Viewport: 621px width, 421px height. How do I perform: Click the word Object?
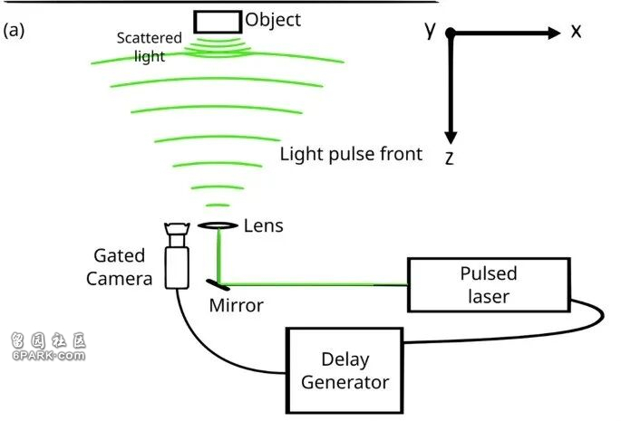tap(273, 19)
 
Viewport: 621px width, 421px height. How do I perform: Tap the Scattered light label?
tap(150, 47)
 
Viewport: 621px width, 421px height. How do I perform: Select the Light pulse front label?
tap(351, 154)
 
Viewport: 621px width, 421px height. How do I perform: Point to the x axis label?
tap(576, 32)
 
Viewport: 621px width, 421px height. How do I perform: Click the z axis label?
tap(449, 158)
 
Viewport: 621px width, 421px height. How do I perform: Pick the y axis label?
tap(431, 30)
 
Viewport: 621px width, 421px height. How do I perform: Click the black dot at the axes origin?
tap(450, 33)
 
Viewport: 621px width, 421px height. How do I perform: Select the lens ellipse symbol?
tap(217, 225)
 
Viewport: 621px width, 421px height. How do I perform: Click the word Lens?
tap(264, 225)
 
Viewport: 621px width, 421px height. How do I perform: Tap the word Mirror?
tap(236, 305)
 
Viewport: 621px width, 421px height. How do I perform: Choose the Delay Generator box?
tap(344, 371)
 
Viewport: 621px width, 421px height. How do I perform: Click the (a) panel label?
tap(14, 30)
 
